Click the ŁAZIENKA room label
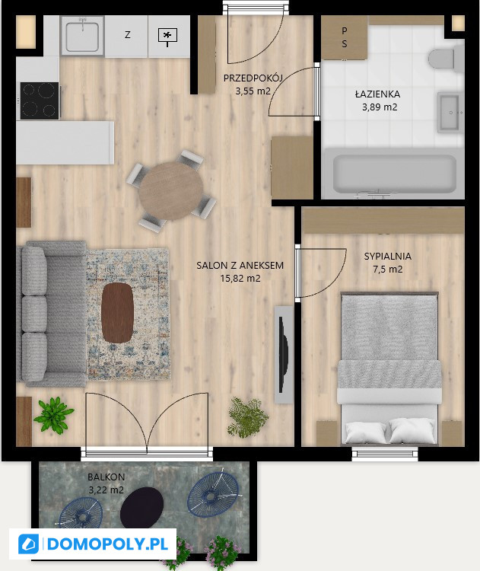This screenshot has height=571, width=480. tap(378, 94)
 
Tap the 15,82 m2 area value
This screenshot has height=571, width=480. tap(240, 279)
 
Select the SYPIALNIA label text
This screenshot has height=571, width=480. tap(387, 257)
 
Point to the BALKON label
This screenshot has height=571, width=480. tap(106, 477)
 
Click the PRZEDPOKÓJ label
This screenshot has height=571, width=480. tap(253, 78)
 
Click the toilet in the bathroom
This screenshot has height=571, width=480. tap(441, 59)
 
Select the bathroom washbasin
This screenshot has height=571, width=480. tap(449, 113)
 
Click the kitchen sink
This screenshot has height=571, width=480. tap(82, 36)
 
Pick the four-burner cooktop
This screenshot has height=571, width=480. tap(40, 100)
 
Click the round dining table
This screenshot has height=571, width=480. tap(171, 191)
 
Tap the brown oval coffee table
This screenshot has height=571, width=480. tap(117, 313)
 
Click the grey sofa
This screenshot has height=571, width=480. tap(51, 314)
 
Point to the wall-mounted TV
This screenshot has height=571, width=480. tap(284, 354)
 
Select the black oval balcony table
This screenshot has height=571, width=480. tap(141, 508)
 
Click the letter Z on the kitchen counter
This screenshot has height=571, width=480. tap(127, 35)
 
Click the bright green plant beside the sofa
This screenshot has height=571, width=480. tap(54, 415)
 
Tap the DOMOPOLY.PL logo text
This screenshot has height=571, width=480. tap(108, 544)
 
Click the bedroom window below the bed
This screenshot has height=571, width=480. tap(385, 454)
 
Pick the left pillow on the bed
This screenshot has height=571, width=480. tap(365, 432)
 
